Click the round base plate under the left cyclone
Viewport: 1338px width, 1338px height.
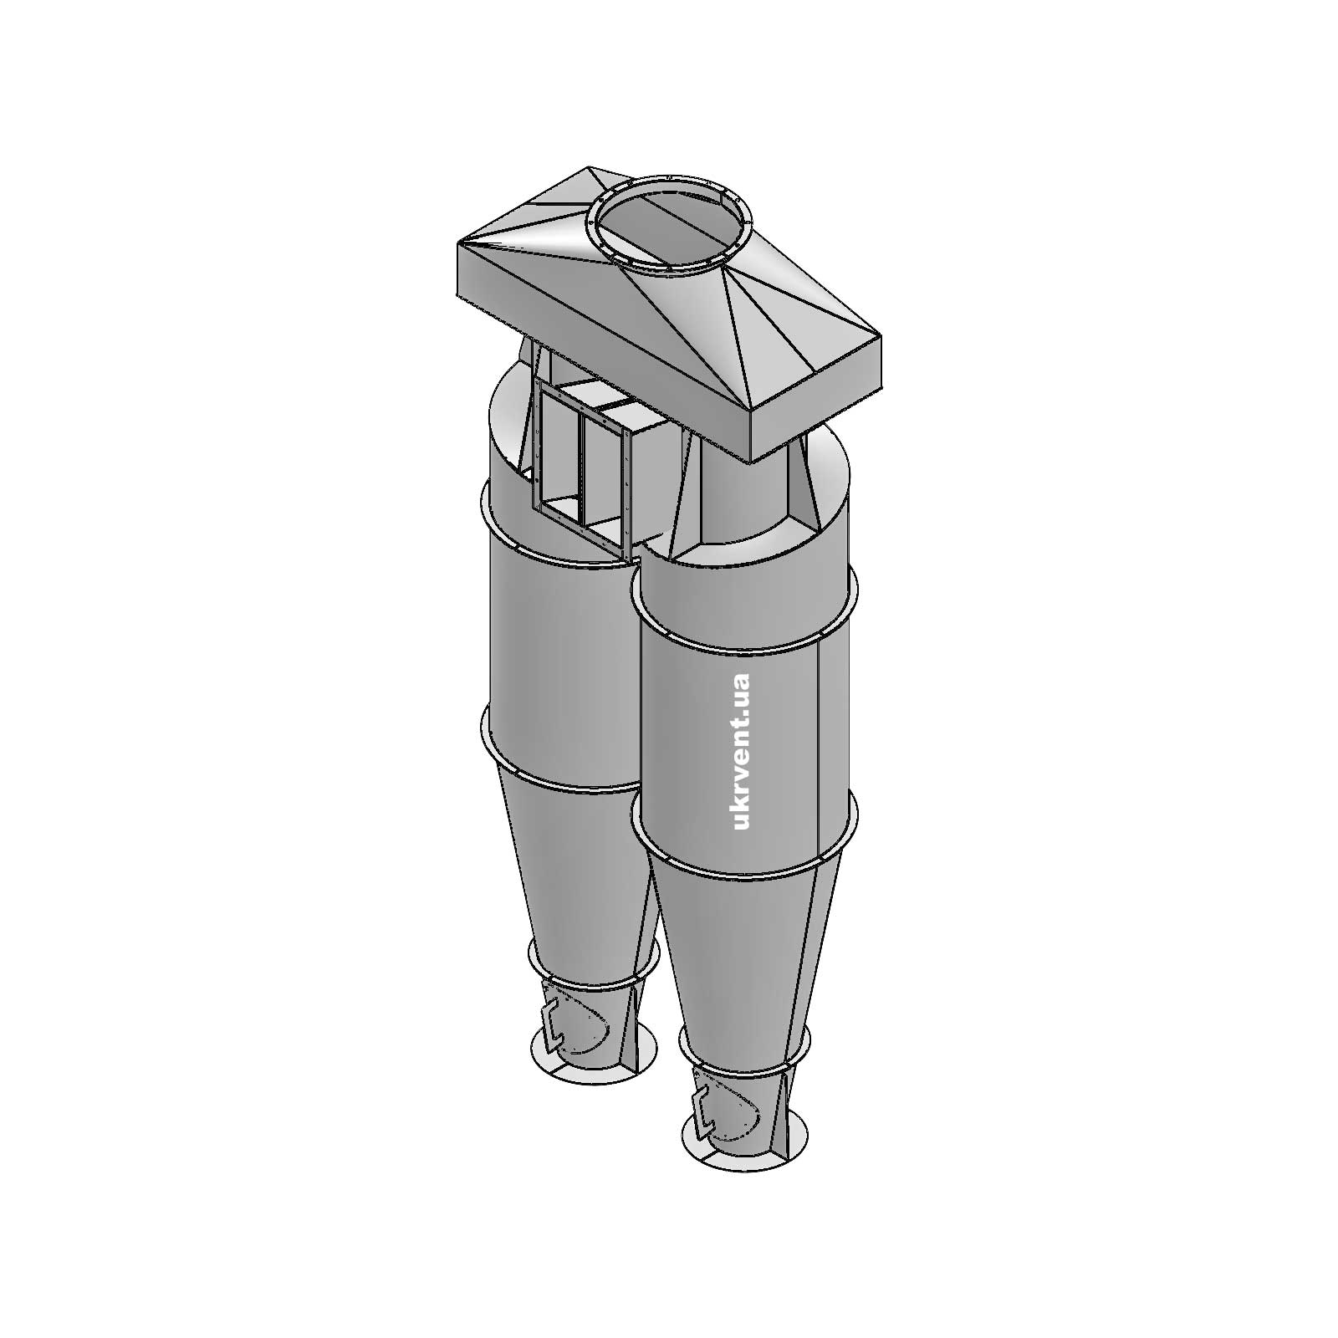pyautogui.click(x=594, y=1058)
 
